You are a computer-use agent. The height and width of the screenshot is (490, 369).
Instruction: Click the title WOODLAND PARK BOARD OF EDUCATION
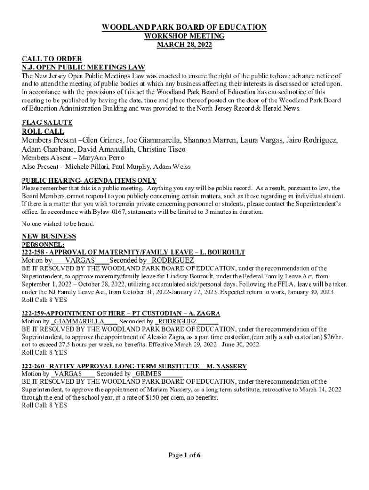pyautogui.click(x=184, y=27)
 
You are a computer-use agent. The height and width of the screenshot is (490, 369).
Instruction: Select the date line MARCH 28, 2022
pyautogui.click(x=184, y=45)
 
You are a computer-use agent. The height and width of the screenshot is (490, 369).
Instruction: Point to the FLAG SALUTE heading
pyautogui.click(x=47, y=123)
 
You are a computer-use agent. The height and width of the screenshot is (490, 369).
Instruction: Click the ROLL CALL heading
pyautogui.click(x=43, y=131)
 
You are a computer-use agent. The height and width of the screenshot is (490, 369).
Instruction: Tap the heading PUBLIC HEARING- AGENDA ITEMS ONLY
pyautogui.click(x=89, y=180)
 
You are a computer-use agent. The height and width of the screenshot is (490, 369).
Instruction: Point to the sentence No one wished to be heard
pyautogui.click(x=58, y=223)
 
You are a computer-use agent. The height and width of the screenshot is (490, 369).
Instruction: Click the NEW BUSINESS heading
pyautogui.click(x=49, y=236)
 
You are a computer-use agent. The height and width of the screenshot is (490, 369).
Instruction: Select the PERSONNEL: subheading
pyautogui.click(x=43, y=244)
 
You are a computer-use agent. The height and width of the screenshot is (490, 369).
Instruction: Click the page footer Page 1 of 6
pyautogui.click(x=184, y=455)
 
